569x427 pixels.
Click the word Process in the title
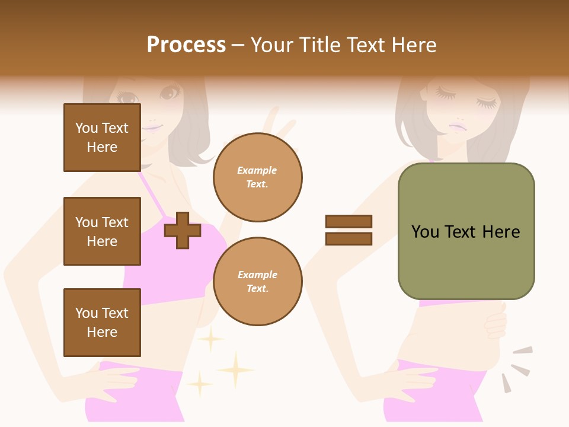click(186, 45)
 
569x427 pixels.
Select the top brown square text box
click(102, 138)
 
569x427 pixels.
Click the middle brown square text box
click(102, 231)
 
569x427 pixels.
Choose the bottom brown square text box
click(102, 323)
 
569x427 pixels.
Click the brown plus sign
click(183, 230)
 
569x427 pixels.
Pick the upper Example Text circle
click(257, 177)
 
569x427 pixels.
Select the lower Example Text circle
click(257, 282)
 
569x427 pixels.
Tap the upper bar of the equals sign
click(349, 221)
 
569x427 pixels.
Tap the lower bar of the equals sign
click(349, 239)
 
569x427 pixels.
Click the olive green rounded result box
click(466, 231)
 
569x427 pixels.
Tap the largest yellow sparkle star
click(235, 370)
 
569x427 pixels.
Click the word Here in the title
click(413, 45)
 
